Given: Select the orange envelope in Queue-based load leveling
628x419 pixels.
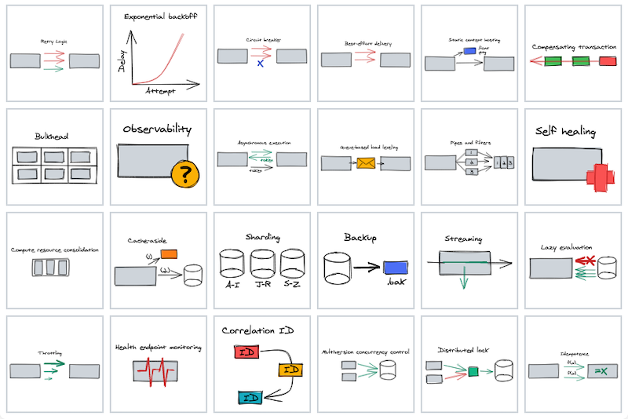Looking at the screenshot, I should click(x=365, y=164).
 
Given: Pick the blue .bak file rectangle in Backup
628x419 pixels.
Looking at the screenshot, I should click(x=395, y=268).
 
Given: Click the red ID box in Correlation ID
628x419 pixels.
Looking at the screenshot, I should click(x=246, y=352).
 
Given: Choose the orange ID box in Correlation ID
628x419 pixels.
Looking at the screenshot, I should click(x=290, y=369).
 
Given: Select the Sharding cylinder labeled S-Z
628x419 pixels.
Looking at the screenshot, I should click(x=292, y=265).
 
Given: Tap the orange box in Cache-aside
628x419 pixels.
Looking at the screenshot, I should click(x=169, y=254).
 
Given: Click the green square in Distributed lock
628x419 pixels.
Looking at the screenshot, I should click(x=473, y=371).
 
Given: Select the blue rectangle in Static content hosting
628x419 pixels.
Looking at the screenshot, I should click(x=469, y=51).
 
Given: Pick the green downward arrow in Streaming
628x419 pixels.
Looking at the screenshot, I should click(x=463, y=279).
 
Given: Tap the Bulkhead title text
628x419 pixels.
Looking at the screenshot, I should click(x=52, y=136).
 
